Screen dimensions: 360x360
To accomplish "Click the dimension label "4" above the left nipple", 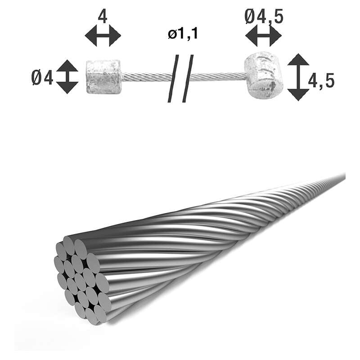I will tap(102, 17).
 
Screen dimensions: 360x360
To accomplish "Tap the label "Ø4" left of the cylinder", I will tap(42, 78).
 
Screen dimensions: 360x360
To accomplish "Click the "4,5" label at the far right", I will tap(321, 81).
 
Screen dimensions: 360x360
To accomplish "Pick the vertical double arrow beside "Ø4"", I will tap(67, 76).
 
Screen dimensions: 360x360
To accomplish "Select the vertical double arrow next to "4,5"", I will tap(298, 77).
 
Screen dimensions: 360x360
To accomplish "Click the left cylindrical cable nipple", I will tap(103, 77).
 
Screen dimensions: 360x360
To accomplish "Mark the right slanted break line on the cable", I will tap(188, 78).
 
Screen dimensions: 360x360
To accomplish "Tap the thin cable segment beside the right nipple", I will tap(220, 76).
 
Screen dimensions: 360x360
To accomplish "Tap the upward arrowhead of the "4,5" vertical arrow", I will tap(298, 60).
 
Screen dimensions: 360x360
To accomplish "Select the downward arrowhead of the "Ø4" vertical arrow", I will tap(67, 87).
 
